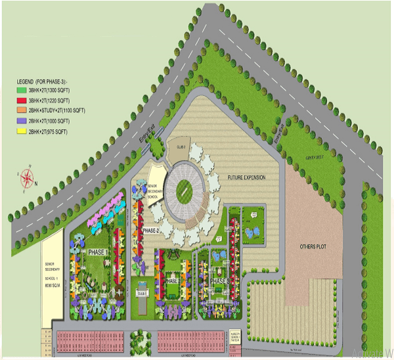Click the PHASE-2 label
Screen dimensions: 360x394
coord(151,231)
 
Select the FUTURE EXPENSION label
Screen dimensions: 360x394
coord(245,178)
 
